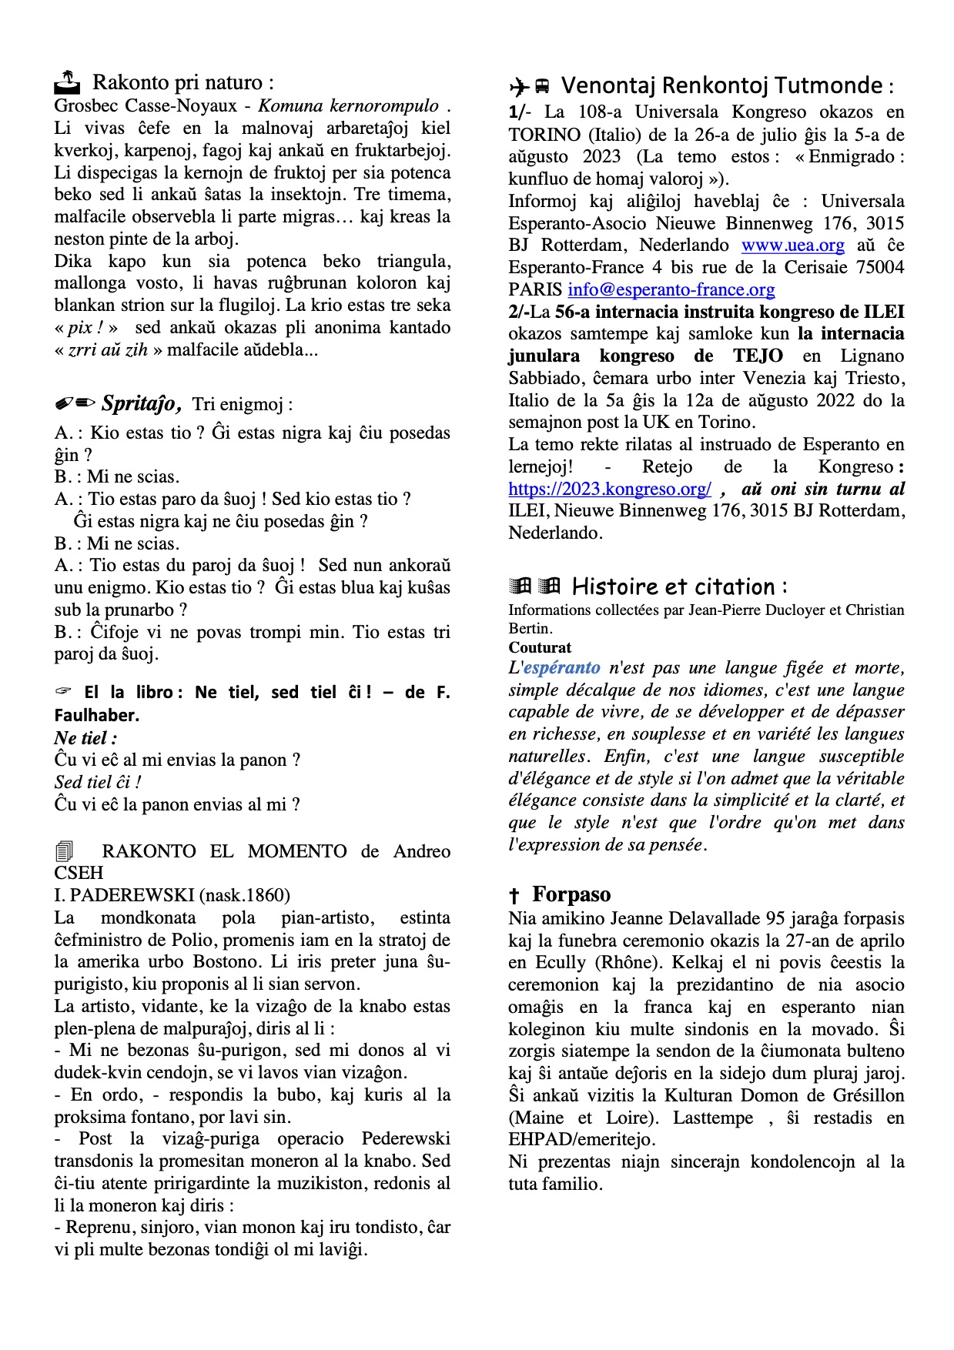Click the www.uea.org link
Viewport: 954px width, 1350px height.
pyautogui.click(x=792, y=246)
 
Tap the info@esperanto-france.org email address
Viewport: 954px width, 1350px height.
pyautogui.click(x=671, y=290)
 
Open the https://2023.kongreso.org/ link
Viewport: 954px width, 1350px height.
pyautogui.click(x=610, y=490)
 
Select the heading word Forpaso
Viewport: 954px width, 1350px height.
pyautogui.click(x=571, y=894)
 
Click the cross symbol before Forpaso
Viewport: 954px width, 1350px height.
pyautogui.click(x=514, y=896)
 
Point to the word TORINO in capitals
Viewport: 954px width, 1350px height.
pyautogui.click(x=544, y=135)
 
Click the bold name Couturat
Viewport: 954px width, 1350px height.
pyautogui.click(x=540, y=648)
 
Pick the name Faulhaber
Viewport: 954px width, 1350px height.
pyautogui.click(x=97, y=715)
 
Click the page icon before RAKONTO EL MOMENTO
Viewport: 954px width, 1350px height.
pyautogui.click(x=64, y=851)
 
